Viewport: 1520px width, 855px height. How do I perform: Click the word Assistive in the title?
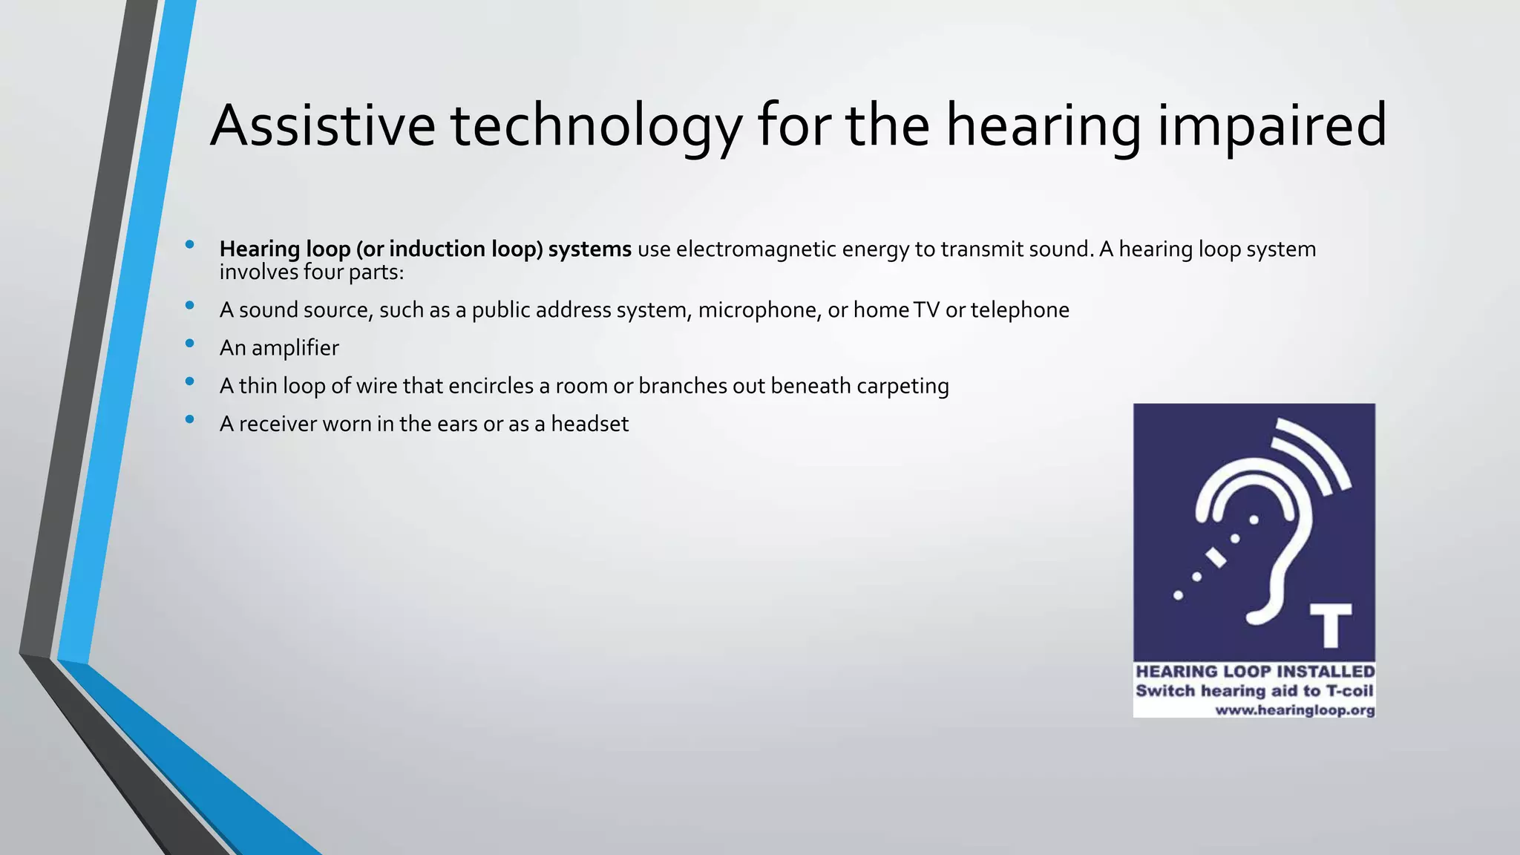pos(323,125)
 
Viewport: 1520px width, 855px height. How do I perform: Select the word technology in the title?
pos(596,125)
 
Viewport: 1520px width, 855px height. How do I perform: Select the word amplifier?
pos(295,348)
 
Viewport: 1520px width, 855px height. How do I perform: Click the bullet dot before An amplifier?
pos(190,343)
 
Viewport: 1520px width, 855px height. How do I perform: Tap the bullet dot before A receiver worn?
pos(190,419)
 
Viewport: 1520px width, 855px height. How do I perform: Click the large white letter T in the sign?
pos(1330,625)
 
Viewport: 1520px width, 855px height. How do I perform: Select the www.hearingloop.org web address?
pos(1294,710)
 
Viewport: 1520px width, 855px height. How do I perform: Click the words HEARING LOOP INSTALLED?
pos(1255,672)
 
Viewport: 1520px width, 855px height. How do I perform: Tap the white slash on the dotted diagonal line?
pos(1216,557)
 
